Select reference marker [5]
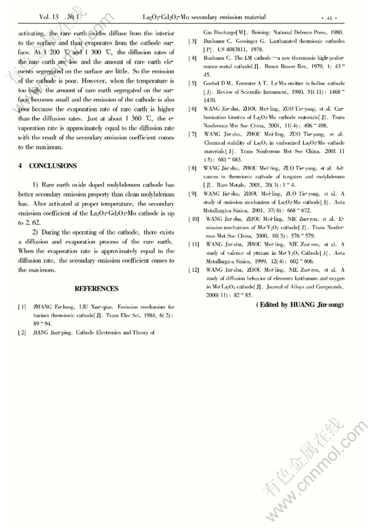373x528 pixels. pyautogui.click(x=192, y=83)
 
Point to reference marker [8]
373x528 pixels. pyautogui.click(x=192, y=168)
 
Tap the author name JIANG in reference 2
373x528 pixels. pyautogui.click(x=42, y=332)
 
